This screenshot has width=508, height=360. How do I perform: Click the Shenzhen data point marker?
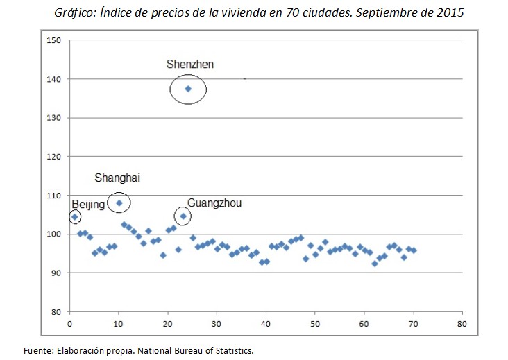coord(187,89)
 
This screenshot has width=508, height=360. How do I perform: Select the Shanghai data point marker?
coord(119,203)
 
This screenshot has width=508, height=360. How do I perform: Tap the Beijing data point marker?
coord(74,216)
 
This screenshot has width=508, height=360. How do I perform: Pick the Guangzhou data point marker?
coord(183,216)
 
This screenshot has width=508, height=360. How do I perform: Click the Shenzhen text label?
coord(189,65)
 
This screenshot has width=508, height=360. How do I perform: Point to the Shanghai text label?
coord(117,178)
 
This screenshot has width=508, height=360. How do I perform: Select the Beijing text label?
coord(88,204)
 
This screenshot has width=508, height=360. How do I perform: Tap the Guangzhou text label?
coord(214,203)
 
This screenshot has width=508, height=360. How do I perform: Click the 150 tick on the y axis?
coord(55,40)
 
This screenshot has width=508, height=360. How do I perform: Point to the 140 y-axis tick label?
coord(55,79)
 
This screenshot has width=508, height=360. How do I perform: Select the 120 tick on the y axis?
coord(55,157)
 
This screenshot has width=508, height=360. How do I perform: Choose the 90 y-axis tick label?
coord(57,273)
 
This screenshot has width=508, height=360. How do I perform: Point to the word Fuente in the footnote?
coord(38,350)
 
